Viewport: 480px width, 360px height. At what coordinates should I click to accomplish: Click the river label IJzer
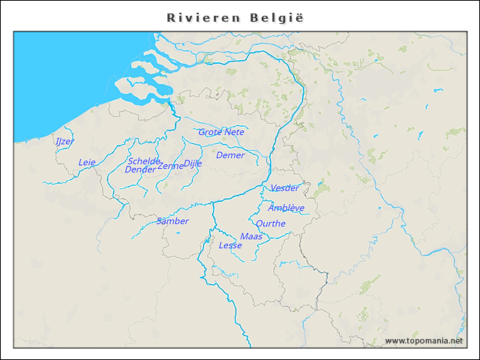[64, 141]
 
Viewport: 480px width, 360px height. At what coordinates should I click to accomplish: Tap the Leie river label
[87, 162]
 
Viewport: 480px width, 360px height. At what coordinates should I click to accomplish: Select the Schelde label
[143, 161]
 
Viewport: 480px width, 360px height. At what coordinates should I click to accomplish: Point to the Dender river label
[139, 169]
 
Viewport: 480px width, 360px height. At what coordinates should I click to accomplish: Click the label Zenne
[170, 166]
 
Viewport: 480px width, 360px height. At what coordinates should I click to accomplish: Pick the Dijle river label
[193, 163]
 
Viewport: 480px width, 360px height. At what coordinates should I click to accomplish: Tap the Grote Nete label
[221, 132]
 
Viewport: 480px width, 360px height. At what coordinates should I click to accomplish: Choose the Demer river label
[230, 155]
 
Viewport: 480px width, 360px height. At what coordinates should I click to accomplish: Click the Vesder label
[284, 188]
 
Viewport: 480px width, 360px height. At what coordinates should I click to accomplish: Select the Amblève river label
[286, 208]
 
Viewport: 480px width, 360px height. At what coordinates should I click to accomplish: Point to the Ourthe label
[271, 223]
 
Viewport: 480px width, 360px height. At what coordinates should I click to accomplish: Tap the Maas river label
[251, 236]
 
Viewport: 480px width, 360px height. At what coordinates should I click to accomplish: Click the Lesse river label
[230, 245]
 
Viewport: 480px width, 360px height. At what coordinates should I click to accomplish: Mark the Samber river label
[172, 221]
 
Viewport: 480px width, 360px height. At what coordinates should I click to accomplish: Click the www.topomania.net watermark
[424, 340]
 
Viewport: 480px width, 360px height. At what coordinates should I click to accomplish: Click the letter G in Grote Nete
[202, 132]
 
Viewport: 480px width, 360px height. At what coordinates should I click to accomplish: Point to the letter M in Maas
[244, 236]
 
